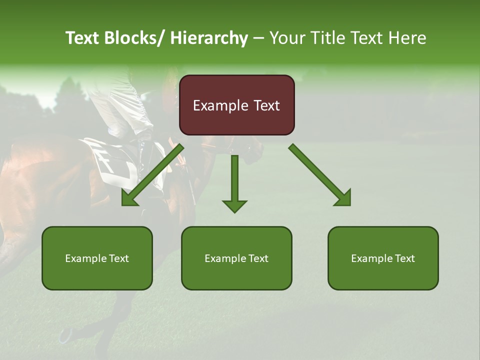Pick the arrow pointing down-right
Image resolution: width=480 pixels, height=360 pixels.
(x=320, y=175)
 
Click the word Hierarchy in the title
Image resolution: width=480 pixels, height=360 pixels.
(x=209, y=38)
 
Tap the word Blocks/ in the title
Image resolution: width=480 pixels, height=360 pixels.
(x=134, y=38)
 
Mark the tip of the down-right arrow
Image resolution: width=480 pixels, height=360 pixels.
(x=349, y=204)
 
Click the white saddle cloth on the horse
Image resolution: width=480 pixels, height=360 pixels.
(x=115, y=162)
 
